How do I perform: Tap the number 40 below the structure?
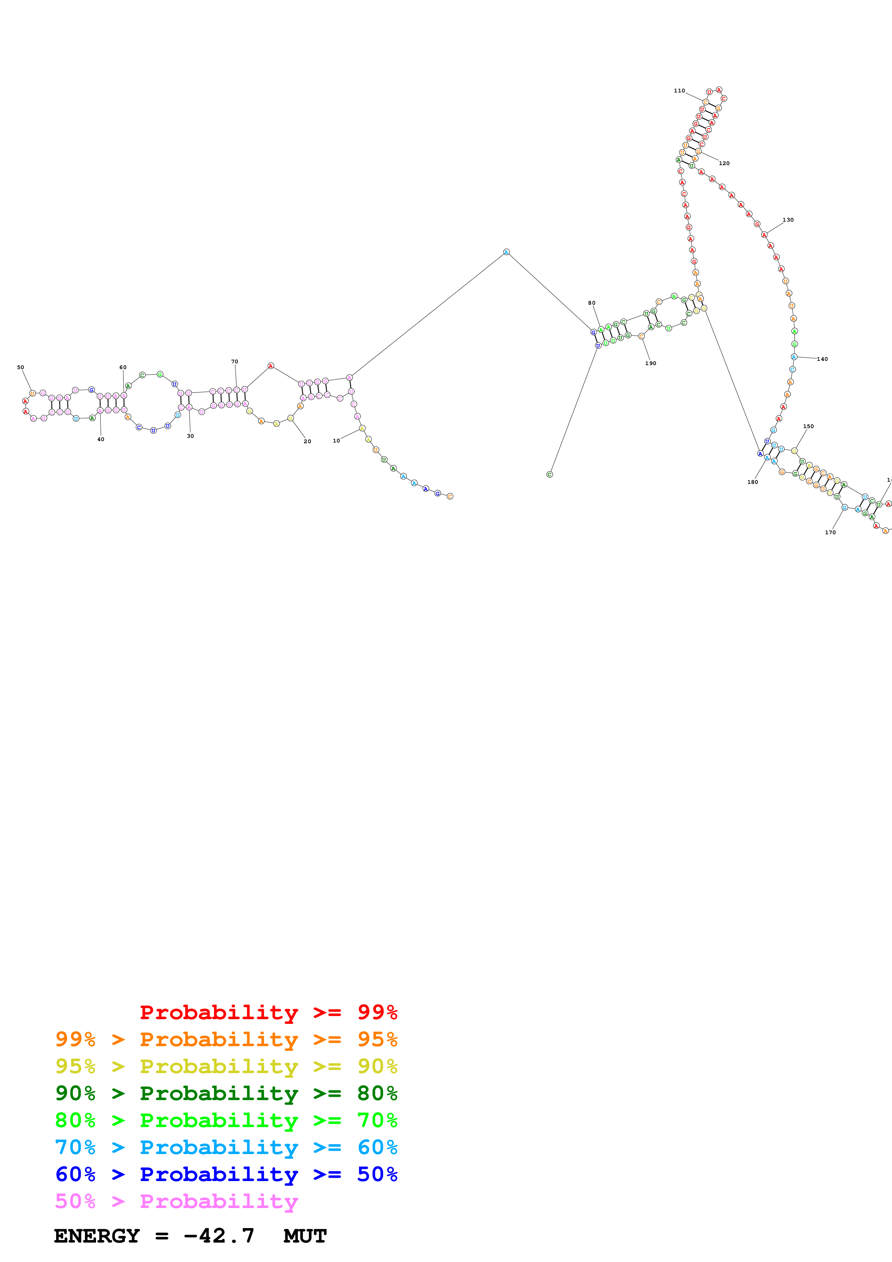[x=101, y=439]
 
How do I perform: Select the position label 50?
[x=21, y=367]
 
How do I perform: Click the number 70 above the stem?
[x=235, y=362]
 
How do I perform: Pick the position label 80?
[x=592, y=303]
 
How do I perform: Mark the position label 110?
[x=679, y=91]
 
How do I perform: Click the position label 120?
[x=724, y=163]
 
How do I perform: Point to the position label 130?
[x=788, y=220]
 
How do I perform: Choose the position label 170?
[x=830, y=532]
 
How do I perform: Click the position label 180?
[x=752, y=482]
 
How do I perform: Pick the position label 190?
[x=651, y=363]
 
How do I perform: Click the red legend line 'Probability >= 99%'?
[x=268, y=1012]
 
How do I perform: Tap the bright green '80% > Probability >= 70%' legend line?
[x=226, y=1120]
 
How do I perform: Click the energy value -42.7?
[x=219, y=1236]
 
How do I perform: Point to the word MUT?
[x=305, y=1236]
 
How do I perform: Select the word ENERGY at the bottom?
[x=97, y=1236]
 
